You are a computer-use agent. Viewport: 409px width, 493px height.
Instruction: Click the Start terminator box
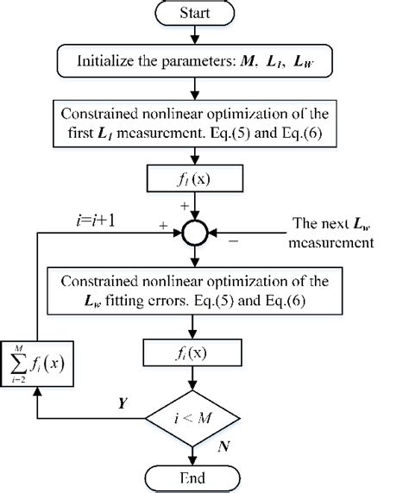pos(200,14)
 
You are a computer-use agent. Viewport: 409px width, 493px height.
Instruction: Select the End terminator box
pos(200,477)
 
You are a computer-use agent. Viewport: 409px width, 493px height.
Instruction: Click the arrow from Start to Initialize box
pos(200,36)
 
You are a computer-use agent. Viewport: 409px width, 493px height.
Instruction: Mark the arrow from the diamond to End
pos(200,452)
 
